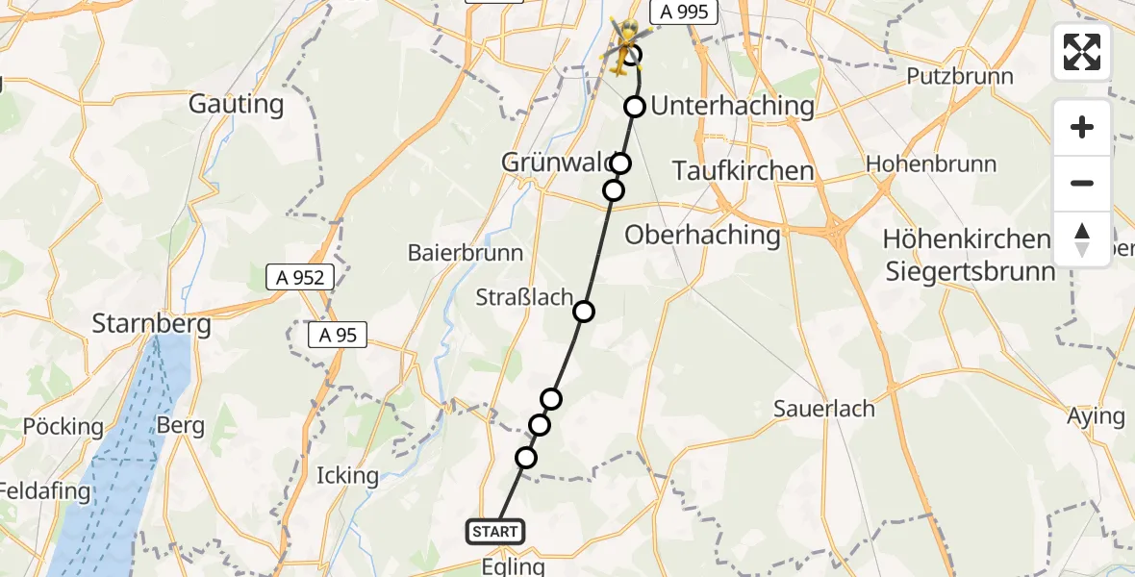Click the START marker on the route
click(x=495, y=531)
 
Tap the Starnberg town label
click(x=151, y=324)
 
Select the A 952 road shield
click(x=300, y=278)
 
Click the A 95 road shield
click(x=338, y=336)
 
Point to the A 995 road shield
click(x=685, y=13)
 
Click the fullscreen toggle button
click(x=1082, y=52)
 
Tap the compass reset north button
click(x=1082, y=239)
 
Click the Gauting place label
click(x=236, y=104)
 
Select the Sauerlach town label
click(x=824, y=409)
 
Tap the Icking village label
click(x=347, y=475)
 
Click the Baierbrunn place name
click(x=466, y=253)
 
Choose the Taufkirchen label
click(x=743, y=170)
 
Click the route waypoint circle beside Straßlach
click(x=584, y=311)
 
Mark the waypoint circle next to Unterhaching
click(x=634, y=107)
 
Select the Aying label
click(x=1096, y=416)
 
